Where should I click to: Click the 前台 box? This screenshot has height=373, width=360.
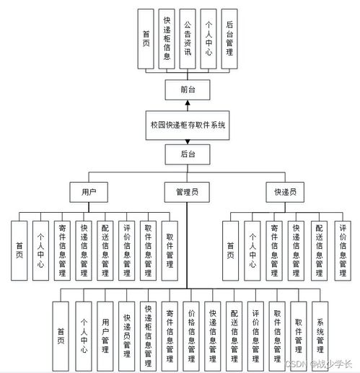[x=188, y=89]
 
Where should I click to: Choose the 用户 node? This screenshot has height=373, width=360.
[x=89, y=192]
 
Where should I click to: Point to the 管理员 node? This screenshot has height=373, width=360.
[x=188, y=192]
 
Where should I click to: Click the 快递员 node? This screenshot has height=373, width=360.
[x=284, y=192]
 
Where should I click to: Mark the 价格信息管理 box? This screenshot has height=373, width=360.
[x=191, y=331]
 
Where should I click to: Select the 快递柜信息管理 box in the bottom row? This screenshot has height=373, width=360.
[x=148, y=331]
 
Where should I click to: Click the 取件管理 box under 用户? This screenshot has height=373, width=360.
[x=170, y=250]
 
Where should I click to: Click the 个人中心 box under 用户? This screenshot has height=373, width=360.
[x=40, y=250]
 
